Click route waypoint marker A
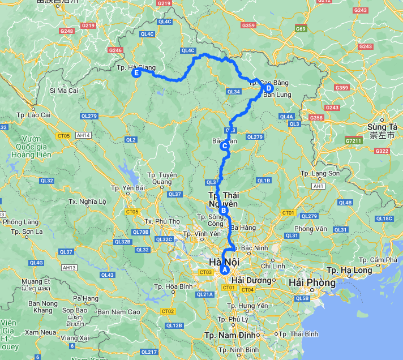(225, 270)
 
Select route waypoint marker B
(224, 211)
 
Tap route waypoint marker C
(224, 146)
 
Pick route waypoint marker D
(268, 88)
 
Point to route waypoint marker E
(136, 72)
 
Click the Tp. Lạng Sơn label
(320, 173)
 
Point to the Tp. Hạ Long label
(352, 270)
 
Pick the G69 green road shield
(300, 28)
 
